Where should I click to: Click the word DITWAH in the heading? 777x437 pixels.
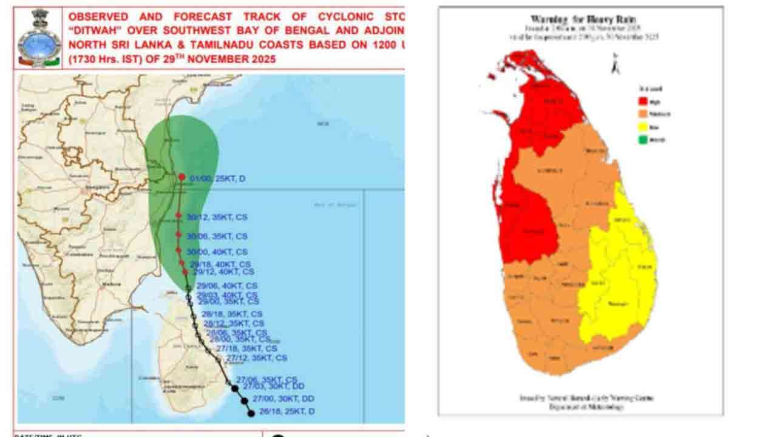tap(98, 31)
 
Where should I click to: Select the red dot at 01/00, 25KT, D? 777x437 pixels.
tap(182, 177)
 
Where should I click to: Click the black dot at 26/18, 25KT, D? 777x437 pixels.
tap(251, 413)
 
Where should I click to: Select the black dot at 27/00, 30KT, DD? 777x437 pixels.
tap(245, 401)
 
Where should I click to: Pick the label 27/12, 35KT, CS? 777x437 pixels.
tap(256, 358)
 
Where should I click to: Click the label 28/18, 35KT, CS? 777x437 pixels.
tap(232, 314)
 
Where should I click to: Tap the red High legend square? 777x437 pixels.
tap(642, 101)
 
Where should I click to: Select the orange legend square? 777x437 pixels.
tap(642, 114)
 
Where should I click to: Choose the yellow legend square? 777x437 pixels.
tap(642, 127)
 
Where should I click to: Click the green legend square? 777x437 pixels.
tap(642, 140)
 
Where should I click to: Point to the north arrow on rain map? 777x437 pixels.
tap(615, 64)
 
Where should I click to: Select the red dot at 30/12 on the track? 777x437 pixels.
tap(178, 215)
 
